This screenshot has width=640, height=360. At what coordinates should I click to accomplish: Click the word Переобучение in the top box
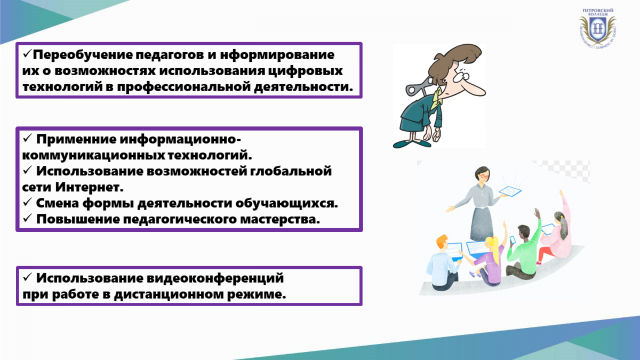82,55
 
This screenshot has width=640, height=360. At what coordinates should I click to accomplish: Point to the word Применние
76,140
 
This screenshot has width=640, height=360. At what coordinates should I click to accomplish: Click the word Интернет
89,187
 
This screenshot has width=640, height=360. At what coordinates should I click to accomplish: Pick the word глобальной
291,171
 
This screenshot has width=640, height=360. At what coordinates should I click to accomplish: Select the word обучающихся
286,203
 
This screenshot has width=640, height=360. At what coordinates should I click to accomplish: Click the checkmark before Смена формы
27,202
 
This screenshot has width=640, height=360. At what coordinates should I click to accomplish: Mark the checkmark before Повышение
27,218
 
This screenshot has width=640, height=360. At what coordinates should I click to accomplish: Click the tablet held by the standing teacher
510,191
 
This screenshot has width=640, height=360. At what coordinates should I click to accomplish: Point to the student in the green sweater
523,251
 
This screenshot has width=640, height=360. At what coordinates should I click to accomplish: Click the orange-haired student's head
442,242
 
